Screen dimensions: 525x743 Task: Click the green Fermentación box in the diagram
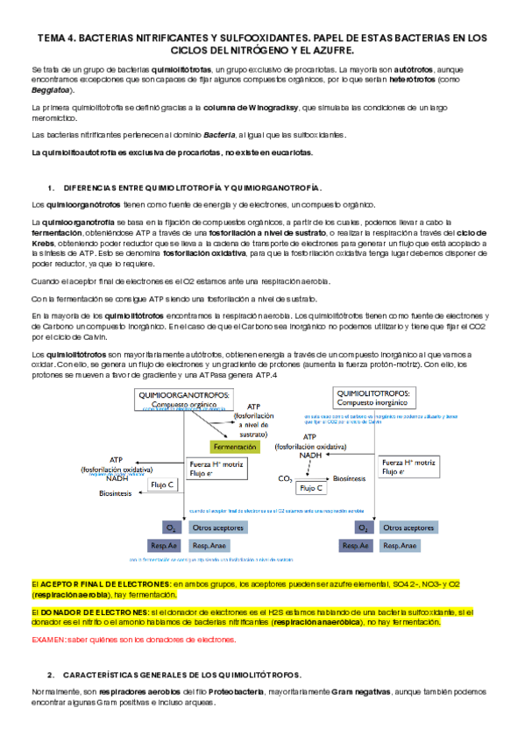click(x=235, y=446)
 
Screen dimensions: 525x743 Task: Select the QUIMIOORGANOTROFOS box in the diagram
click(x=184, y=399)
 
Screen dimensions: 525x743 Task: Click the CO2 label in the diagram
click(x=285, y=478)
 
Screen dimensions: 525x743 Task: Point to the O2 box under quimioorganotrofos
click(x=171, y=527)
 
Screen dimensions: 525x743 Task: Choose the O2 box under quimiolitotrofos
click(x=362, y=527)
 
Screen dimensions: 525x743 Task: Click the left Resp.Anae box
click(x=214, y=545)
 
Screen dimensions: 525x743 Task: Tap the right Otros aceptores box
click(x=408, y=527)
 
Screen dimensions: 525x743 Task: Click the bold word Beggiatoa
click(x=54, y=90)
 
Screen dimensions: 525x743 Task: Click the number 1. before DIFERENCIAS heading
click(x=52, y=188)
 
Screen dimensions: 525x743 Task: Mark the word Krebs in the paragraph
click(x=43, y=245)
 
